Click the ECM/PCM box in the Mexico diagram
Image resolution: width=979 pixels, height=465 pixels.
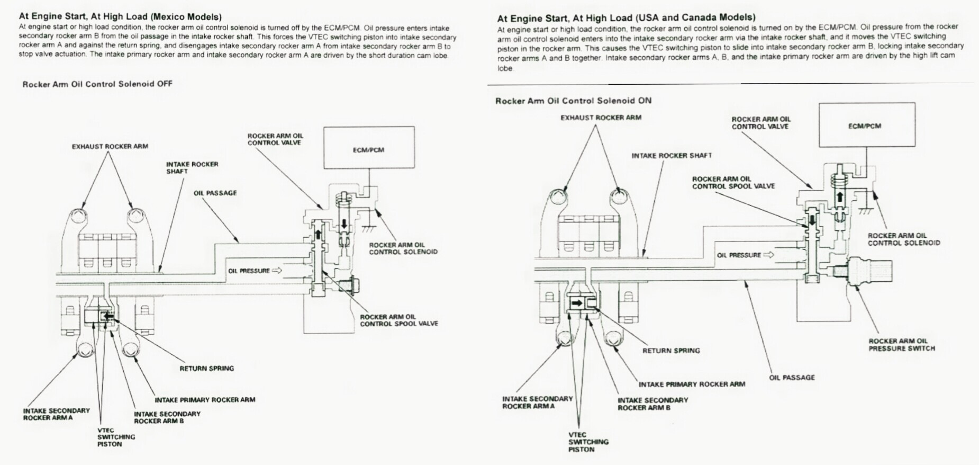click(368, 149)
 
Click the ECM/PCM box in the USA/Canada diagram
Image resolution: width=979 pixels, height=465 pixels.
click(867, 126)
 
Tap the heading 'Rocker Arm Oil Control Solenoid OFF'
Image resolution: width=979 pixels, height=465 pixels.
click(97, 84)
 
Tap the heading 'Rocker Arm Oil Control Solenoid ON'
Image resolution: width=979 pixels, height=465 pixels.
click(573, 101)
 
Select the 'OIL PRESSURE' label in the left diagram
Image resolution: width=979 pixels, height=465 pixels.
click(249, 271)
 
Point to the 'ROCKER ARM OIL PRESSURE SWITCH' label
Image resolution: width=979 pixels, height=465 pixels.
click(902, 345)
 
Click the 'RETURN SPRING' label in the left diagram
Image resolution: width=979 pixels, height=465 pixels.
click(206, 368)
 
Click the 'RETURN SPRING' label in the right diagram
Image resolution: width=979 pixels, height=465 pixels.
click(671, 351)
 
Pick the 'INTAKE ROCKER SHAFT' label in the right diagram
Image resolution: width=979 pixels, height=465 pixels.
click(672, 156)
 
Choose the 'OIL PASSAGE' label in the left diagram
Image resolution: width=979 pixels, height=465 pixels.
click(215, 193)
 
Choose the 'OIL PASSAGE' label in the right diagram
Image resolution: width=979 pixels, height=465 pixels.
click(792, 378)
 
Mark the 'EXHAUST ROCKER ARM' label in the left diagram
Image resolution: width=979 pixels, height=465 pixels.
click(110, 146)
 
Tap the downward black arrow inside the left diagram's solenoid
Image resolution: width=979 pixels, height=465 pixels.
click(345, 223)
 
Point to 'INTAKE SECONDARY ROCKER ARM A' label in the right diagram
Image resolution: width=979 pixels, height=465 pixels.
click(537, 403)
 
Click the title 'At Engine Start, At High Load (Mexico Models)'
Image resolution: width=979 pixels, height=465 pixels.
click(121, 16)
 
